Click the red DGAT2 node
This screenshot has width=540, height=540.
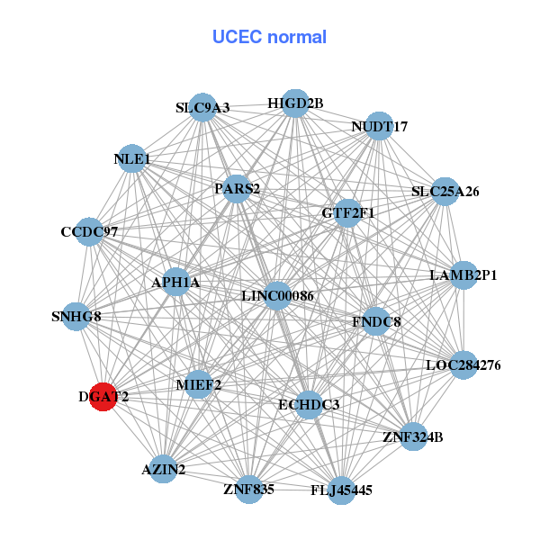(x=103, y=396)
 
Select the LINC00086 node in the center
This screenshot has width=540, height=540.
(x=277, y=296)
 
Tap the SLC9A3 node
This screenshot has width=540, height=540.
(x=203, y=107)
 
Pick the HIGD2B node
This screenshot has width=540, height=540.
(x=295, y=103)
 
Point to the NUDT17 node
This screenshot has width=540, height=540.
(x=379, y=127)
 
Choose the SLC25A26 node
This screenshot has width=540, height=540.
(x=445, y=192)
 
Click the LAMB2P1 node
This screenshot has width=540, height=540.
(x=463, y=274)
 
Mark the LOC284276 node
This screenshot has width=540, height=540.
(x=463, y=365)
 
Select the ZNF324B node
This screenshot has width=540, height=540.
(x=413, y=437)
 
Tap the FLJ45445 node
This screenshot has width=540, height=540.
(x=341, y=490)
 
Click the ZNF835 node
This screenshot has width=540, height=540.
(x=249, y=490)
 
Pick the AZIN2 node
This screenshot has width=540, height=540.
(x=163, y=470)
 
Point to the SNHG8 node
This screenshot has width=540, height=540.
(x=76, y=317)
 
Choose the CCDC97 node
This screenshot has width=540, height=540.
(x=89, y=232)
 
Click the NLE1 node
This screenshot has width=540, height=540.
(x=132, y=159)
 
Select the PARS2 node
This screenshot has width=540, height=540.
(x=237, y=189)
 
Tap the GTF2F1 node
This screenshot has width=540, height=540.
(x=348, y=213)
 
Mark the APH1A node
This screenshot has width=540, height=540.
(x=176, y=283)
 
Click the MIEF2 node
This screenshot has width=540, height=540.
(x=199, y=385)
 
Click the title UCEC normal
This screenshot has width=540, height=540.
(x=269, y=38)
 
